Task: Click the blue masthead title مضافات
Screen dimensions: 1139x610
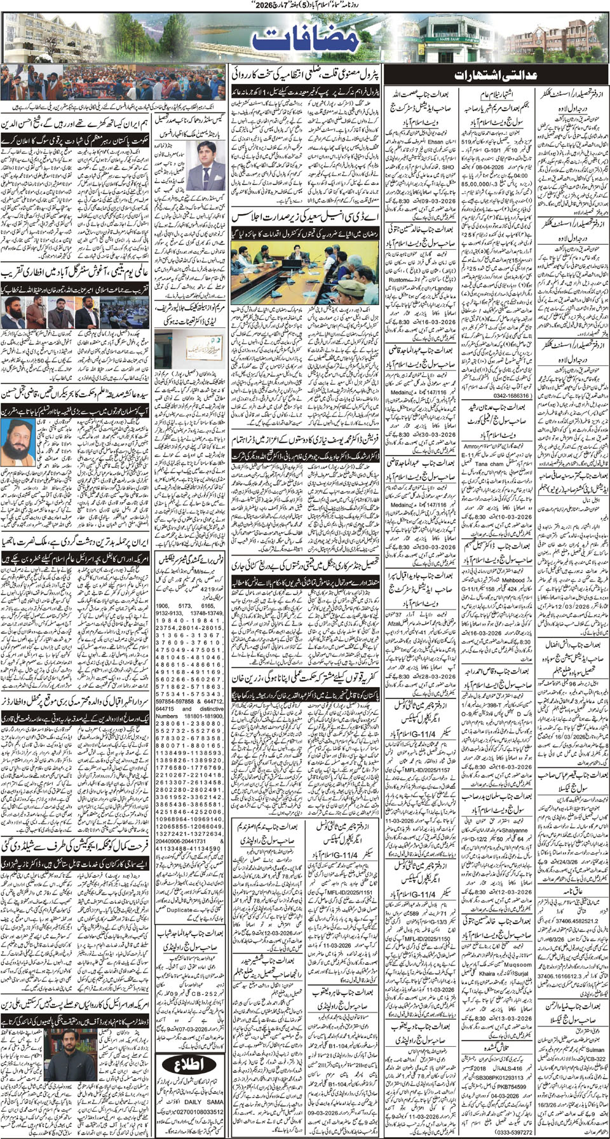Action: (304, 40)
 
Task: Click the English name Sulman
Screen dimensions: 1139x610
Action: (595, 1050)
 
